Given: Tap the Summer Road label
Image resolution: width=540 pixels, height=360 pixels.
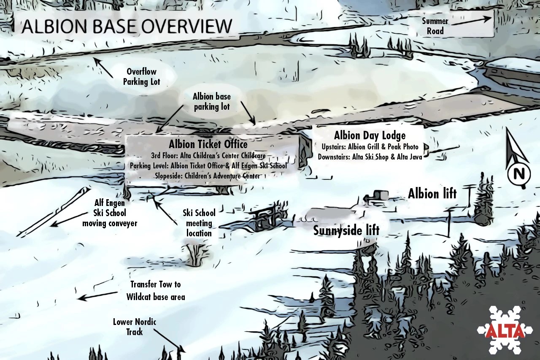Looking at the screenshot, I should [435, 26].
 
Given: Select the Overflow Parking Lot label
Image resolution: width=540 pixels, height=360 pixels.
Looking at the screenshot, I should [141, 76].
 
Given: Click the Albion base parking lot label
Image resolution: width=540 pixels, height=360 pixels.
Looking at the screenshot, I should [212, 102].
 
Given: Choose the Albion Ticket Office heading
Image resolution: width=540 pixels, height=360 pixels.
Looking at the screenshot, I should [208, 144].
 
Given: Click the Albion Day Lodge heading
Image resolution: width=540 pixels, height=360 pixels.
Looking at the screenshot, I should [370, 135].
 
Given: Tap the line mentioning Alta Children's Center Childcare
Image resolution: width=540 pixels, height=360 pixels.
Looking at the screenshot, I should [208, 156].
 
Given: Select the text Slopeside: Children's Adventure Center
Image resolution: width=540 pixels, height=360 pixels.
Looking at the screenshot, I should [207, 176].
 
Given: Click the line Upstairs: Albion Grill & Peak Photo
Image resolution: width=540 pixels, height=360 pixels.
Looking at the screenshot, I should [370, 147].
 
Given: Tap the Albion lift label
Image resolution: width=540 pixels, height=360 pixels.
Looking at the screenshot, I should [432, 194].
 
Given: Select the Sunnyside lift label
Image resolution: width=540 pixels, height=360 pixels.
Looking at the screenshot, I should [346, 230].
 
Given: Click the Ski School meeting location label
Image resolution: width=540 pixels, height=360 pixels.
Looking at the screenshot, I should [199, 223].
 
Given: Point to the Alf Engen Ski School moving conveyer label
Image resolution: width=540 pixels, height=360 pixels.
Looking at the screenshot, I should [110, 213].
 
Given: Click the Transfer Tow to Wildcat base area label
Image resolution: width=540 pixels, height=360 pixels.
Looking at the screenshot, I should [155, 291].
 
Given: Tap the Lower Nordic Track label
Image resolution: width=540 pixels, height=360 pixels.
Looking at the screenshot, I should [135, 327].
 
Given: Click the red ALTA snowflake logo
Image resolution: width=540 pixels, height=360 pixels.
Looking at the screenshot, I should [505, 330].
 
